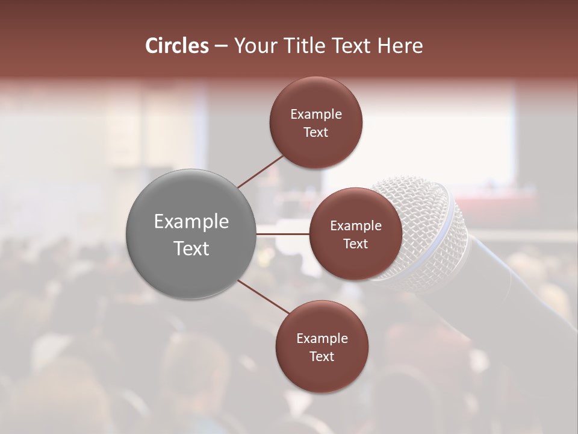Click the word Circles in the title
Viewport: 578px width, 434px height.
(176, 46)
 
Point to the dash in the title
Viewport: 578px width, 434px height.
(221, 46)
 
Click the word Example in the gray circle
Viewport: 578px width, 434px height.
(191, 222)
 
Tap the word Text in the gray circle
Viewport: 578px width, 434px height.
(191, 248)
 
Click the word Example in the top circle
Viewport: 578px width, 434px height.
(316, 115)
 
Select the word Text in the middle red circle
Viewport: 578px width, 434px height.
(355, 244)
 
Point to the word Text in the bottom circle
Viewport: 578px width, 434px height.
(322, 356)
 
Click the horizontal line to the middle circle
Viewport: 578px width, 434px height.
(282, 233)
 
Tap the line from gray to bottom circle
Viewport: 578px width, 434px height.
(264, 297)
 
